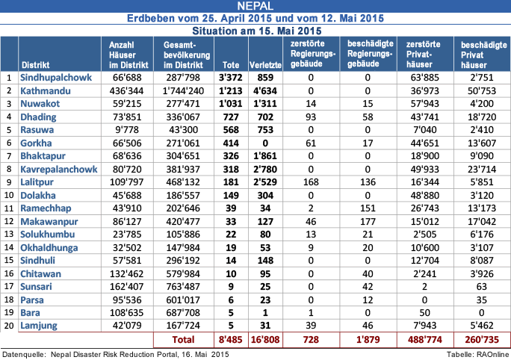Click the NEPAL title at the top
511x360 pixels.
(x=255, y=7)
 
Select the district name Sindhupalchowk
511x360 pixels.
(x=55, y=77)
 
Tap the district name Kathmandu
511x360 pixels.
(x=46, y=90)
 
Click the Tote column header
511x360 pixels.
(x=226, y=64)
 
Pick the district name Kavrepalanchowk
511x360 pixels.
(x=59, y=171)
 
